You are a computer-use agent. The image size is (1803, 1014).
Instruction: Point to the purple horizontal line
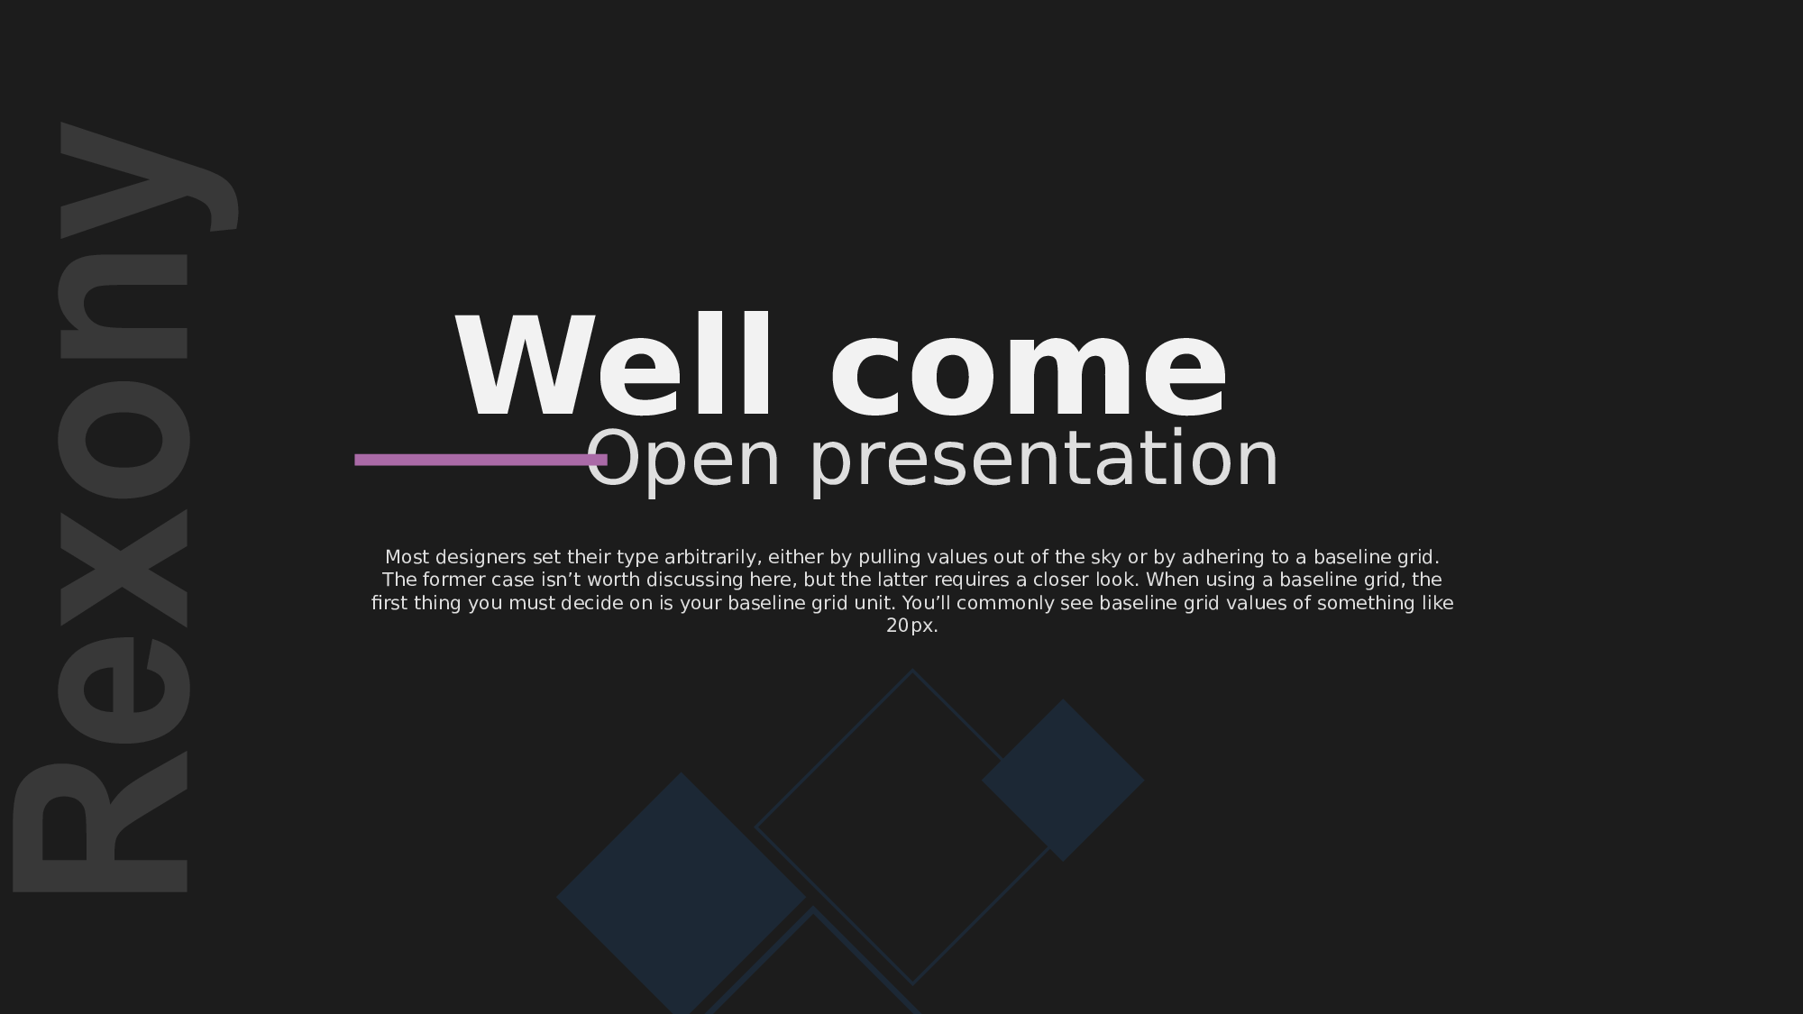pos(480,460)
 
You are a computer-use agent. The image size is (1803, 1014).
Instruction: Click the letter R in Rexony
pos(99,827)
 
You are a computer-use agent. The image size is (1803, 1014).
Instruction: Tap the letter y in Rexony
pos(150,179)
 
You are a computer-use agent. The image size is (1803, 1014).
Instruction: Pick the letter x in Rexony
pos(124,569)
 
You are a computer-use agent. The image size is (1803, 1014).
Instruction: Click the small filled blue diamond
pos(1063,781)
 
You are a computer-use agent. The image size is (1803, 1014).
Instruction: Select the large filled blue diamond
pos(682,894)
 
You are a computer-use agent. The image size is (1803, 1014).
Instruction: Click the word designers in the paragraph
pos(480,557)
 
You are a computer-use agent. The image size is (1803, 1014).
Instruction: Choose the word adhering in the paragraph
pos(1223,558)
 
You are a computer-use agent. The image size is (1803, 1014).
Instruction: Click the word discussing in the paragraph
pos(695,580)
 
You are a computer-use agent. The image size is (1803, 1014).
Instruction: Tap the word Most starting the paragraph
pos(407,557)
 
